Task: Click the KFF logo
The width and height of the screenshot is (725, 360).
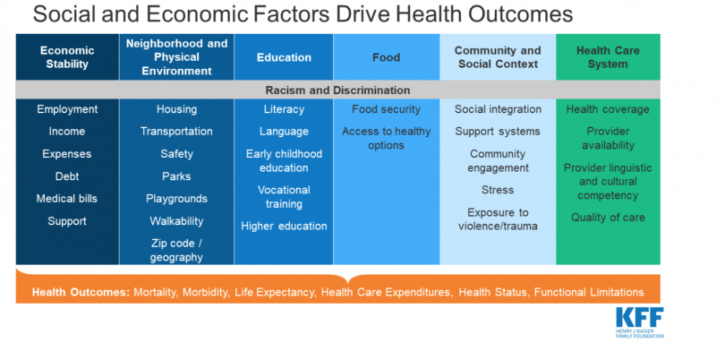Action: [639, 322]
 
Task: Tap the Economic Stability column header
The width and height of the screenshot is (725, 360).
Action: [67, 57]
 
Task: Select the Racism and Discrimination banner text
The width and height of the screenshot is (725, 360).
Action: [337, 90]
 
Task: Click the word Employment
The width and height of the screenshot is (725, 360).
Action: [67, 109]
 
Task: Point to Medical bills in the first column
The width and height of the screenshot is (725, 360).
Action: [67, 199]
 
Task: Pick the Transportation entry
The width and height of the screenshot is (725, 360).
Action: [176, 132]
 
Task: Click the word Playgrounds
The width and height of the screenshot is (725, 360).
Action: [176, 199]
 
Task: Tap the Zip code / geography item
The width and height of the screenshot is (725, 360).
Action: [176, 251]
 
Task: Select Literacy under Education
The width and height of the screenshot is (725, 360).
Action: [284, 109]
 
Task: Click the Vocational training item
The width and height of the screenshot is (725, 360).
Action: [284, 197]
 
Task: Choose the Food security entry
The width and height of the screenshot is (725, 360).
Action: [386, 109]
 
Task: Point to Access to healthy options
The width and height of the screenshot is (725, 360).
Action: [386, 138]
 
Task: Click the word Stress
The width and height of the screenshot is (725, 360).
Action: [498, 190]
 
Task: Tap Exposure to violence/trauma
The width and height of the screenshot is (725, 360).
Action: [498, 219]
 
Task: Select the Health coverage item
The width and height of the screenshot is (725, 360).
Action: [608, 109]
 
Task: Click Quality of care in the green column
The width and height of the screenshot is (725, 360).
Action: [608, 218]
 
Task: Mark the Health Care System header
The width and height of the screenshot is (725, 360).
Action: [608, 57]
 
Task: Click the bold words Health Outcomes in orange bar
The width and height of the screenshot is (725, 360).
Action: [81, 293]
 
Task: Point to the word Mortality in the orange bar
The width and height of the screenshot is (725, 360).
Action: [157, 293]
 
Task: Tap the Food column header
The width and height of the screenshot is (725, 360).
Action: [386, 58]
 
